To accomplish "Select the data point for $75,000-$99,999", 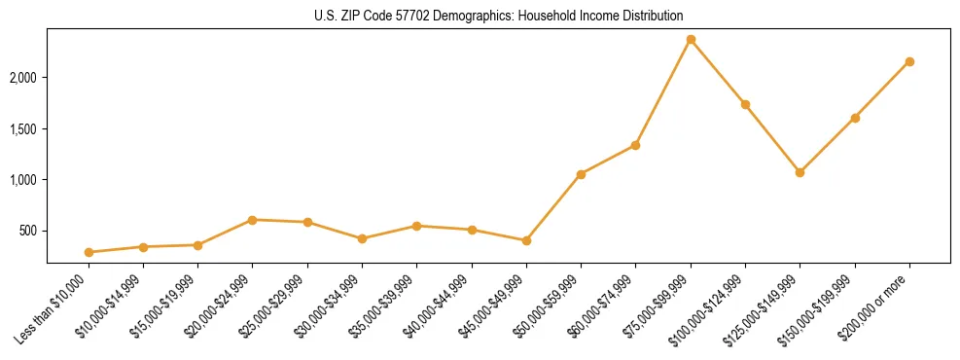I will (x=691, y=40).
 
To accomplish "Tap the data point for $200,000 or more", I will (x=909, y=61).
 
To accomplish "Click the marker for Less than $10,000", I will (x=89, y=252).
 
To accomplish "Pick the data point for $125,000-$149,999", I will (x=800, y=172).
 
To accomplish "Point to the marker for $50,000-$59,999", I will (x=581, y=174).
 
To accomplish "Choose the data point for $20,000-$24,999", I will (x=253, y=220).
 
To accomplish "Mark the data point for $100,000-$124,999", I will (x=745, y=104).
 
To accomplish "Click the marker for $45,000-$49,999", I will (x=526, y=240).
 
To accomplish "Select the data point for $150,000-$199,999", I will (x=855, y=118).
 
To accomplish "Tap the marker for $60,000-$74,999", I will (x=635, y=145).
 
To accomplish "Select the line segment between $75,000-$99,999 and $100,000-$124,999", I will (x=718, y=72).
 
